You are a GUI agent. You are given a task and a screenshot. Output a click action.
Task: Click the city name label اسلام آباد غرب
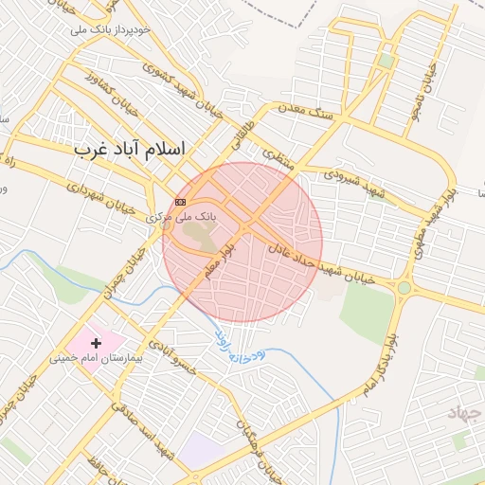pyautogui.click(x=131, y=150)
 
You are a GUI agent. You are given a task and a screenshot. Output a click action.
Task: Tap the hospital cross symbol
pyautogui.click(x=96, y=342)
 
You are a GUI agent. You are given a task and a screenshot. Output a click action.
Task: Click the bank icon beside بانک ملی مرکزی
pyautogui.click(x=180, y=202)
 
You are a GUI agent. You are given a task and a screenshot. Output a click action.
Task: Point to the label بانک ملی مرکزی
pyautogui.click(x=182, y=217)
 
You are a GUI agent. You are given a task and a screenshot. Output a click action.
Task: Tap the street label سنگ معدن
pyautogui.click(x=306, y=111)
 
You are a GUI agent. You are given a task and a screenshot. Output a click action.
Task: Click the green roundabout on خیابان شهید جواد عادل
pyautogui.click(x=404, y=287)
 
